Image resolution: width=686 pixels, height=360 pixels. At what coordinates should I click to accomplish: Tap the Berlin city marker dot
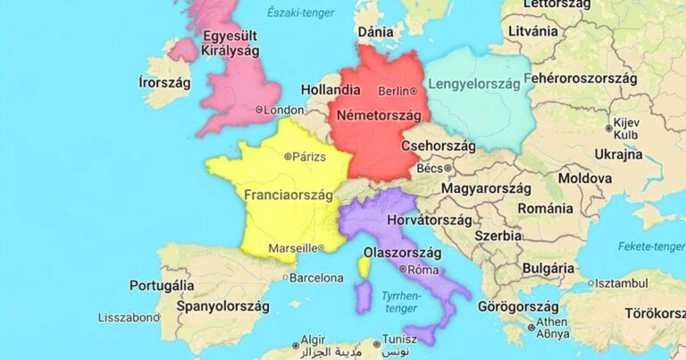[414, 91]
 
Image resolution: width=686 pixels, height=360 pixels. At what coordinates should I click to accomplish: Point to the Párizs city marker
[288, 157]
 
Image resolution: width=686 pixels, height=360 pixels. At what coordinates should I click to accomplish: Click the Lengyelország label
[474, 85]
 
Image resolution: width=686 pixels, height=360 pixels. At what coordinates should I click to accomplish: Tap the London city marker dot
[259, 110]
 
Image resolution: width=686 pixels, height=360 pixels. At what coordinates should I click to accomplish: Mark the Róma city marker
[404, 269]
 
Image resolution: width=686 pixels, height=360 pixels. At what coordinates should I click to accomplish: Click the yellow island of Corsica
[364, 266]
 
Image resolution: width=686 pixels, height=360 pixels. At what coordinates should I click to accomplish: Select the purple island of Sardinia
[363, 296]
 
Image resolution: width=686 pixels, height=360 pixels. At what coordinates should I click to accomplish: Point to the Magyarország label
[487, 188]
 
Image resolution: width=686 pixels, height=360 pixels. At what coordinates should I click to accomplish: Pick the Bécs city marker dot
[448, 167]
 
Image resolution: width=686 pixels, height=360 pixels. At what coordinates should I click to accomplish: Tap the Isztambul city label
[623, 283]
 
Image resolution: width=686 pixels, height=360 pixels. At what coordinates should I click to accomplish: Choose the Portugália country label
[162, 286]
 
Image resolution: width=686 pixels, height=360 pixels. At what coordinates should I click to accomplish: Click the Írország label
[165, 82]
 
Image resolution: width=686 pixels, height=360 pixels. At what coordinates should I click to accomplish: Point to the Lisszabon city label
[126, 317]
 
